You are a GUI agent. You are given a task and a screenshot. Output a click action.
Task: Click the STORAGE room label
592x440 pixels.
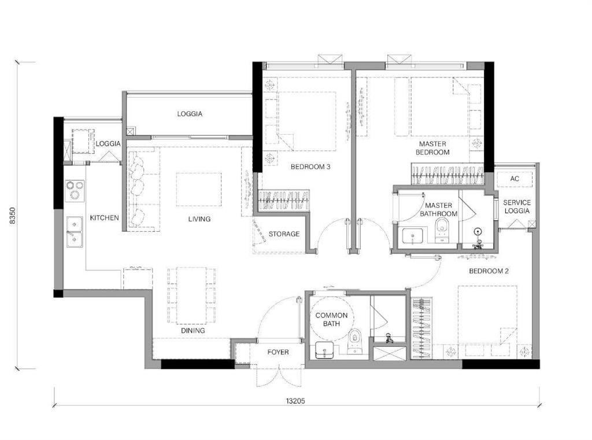(x=284, y=234)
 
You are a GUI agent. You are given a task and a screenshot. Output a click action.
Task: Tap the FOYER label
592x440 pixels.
(x=278, y=352)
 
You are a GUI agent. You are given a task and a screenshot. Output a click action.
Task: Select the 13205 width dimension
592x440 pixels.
(x=295, y=401)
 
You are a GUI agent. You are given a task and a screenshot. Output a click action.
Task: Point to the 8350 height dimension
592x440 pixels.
(x=13, y=215)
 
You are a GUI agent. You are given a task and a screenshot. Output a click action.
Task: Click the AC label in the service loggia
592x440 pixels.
(x=515, y=179)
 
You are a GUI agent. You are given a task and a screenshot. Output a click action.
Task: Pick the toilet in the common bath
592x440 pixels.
(x=354, y=342)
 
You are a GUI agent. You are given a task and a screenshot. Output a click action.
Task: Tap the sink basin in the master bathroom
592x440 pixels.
(x=413, y=236)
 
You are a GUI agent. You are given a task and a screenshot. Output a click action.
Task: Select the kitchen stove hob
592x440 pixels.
(x=75, y=191)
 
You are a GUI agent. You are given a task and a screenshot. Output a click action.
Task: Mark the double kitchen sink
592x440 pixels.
(x=75, y=231)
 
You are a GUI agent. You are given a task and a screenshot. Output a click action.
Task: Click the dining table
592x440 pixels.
(x=191, y=295)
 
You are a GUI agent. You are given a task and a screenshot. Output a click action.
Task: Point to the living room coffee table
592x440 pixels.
(x=199, y=190)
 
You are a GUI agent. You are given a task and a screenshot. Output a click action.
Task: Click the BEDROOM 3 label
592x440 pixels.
(x=310, y=167)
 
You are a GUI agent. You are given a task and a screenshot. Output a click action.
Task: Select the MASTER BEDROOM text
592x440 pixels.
(x=432, y=148)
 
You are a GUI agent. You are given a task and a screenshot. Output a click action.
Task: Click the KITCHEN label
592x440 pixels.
(x=104, y=218)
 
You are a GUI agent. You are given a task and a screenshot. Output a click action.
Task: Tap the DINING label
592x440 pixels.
(x=193, y=331)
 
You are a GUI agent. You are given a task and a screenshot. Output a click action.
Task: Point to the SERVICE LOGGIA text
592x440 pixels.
(x=517, y=206)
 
